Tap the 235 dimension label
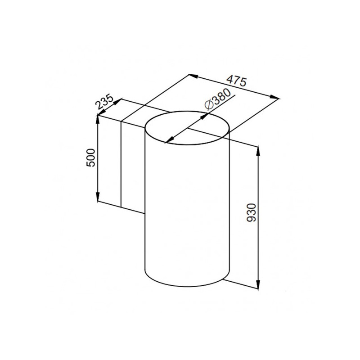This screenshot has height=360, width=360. tap(104, 103)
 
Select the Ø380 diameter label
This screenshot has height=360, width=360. tap(217, 99)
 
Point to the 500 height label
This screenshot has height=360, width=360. tap(90, 157)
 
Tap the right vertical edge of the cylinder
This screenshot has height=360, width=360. tap(229, 202)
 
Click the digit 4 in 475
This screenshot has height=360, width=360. tap(229, 79)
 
